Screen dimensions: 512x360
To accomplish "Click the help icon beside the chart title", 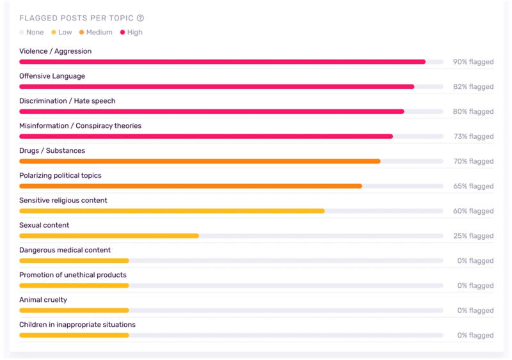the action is pyautogui.click(x=140, y=18).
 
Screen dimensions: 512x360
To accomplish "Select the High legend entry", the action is pyautogui.click(x=131, y=33).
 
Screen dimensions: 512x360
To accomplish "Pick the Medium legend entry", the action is pyautogui.click(x=95, y=33).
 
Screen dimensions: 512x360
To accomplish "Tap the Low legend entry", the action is pyautogui.click(x=61, y=33).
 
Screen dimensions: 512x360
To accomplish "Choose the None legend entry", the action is pyautogui.click(x=31, y=33).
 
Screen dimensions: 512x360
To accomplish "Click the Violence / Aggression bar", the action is pyautogui.click(x=222, y=61).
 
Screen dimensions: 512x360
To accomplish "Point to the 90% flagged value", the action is pyautogui.click(x=473, y=61).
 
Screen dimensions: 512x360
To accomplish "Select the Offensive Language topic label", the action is pyautogui.click(x=52, y=76).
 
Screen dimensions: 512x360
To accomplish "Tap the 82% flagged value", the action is pyautogui.click(x=473, y=86).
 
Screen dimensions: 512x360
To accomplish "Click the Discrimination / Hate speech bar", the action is pyautogui.click(x=212, y=112).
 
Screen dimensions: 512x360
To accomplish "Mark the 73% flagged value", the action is pyautogui.click(x=474, y=136).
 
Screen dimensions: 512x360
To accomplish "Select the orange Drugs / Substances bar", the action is pyautogui.click(x=200, y=161).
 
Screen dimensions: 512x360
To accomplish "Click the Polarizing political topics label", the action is pyautogui.click(x=60, y=176).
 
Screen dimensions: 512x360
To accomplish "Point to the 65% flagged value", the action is pyautogui.click(x=473, y=186).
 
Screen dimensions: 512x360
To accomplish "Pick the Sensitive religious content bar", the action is pyautogui.click(x=172, y=211).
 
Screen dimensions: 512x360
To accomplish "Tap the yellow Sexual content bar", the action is pyautogui.click(x=109, y=236).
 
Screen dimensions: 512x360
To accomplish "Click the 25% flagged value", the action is pyautogui.click(x=474, y=236).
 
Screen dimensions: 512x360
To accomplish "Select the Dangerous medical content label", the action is pyautogui.click(x=65, y=250).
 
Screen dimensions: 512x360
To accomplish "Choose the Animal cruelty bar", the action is pyautogui.click(x=74, y=310).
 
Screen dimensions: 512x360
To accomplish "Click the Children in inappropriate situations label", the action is pyautogui.click(x=77, y=324).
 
